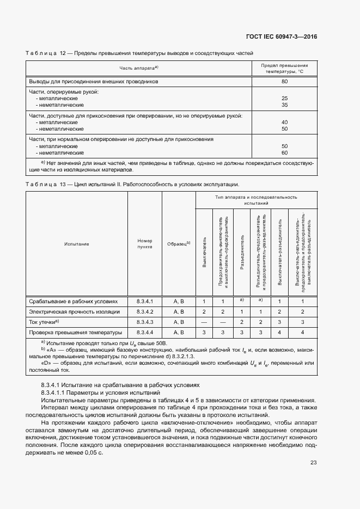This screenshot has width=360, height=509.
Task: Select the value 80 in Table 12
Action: pos(284,81)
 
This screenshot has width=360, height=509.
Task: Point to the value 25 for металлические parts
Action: pos(284,98)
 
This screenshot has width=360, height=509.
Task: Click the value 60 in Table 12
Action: pos(284,152)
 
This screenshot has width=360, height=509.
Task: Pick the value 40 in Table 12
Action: pos(284,122)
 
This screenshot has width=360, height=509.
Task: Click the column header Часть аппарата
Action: pos(138,68)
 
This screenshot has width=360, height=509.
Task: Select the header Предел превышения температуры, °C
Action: pos(284,68)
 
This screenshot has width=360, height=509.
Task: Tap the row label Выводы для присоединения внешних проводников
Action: pos(93,81)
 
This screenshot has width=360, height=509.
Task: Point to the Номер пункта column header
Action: pos(145,244)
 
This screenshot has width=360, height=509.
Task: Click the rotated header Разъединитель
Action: pos(241,254)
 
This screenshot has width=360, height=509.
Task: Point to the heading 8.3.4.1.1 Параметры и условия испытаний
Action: pos(100,392)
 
